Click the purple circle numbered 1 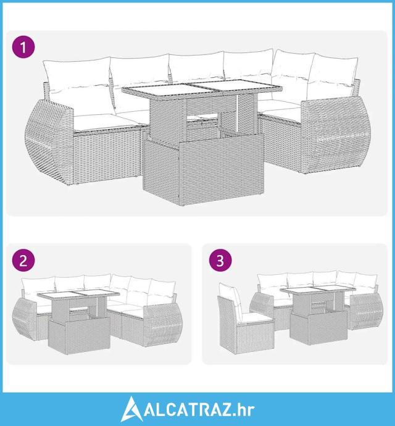23,47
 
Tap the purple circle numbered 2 23,261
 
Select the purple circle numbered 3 220,261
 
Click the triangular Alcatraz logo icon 131,409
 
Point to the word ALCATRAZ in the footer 188,410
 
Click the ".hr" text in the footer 244,410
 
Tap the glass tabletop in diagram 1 202,89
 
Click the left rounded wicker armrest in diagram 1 49,141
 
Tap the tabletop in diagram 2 78,294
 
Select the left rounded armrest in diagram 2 25,319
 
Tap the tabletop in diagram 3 318,290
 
